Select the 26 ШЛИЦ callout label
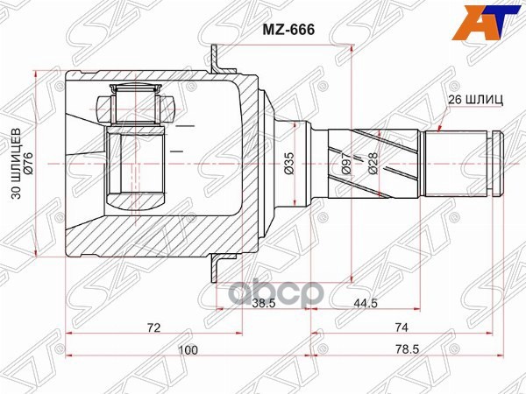[473, 100]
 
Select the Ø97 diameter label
[347, 163]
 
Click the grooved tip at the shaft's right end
[496, 163]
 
